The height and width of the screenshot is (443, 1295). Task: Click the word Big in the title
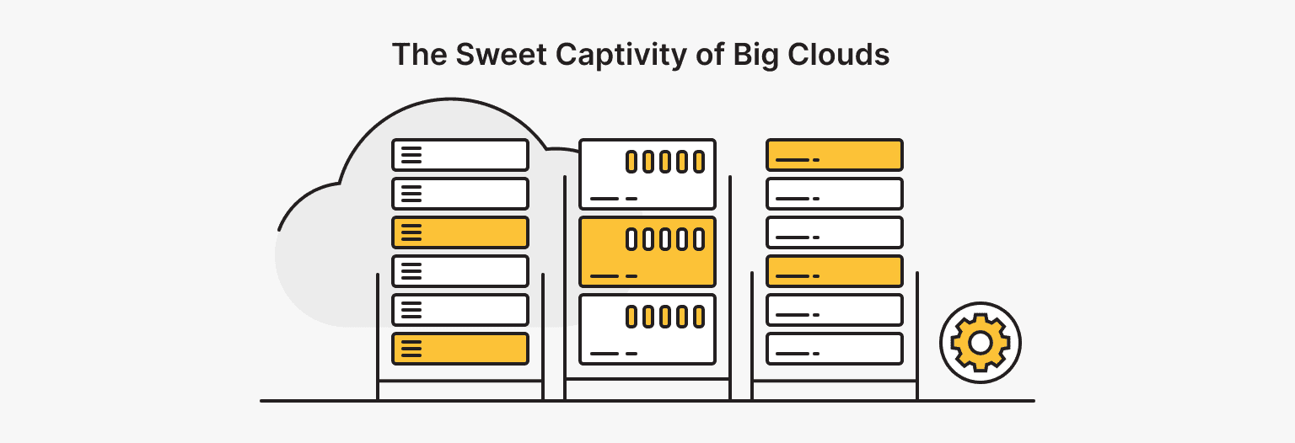756,55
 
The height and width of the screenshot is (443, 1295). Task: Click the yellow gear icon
980,343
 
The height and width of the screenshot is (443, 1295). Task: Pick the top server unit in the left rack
460,155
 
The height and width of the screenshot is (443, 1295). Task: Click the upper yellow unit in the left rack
460,232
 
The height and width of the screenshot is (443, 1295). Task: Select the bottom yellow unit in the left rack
460,349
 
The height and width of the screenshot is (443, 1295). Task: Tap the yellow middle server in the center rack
647,252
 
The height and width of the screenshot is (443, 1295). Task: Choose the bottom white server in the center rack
647,329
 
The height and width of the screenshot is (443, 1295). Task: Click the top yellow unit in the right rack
834,155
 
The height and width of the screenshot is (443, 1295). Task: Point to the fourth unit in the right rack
834,271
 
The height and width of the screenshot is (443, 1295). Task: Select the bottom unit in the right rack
834,349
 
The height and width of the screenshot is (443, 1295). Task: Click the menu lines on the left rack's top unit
411,155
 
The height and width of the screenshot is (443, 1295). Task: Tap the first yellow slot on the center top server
631,162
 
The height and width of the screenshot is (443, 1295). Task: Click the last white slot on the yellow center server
698,239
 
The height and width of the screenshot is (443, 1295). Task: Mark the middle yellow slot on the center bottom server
664,317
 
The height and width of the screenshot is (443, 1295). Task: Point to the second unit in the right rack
834,194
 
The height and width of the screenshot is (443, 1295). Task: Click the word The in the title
419,55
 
